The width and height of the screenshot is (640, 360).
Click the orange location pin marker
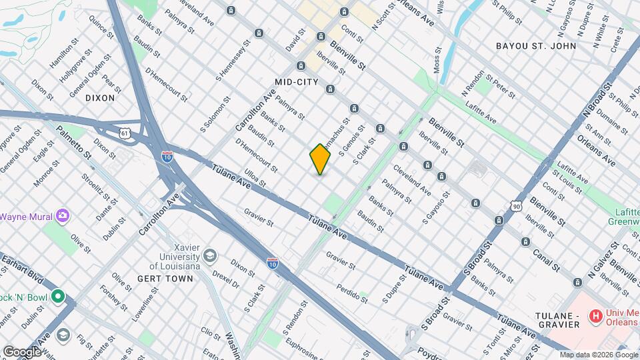(x=320, y=159)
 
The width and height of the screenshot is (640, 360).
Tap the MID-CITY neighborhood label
(x=294, y=81)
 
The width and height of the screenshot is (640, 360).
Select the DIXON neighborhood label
(x=100, y=97)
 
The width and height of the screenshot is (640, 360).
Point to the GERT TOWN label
(x=165, y=278)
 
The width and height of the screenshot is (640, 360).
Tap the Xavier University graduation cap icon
(x=210, y=255)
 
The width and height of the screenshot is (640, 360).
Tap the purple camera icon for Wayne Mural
(x=63, y=216)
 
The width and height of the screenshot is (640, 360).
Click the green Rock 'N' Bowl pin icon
(x=58, y=295)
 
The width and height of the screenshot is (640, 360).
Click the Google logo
(x=22, y=351)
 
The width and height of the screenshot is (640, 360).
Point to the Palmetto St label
(x=73, y=141)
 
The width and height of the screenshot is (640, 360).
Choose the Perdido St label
(x=351, y=289)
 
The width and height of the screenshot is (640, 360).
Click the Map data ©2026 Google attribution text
(x=598, y=355)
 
